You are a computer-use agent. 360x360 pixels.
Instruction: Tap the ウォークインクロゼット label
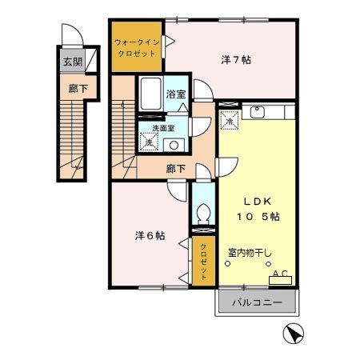(136, 46)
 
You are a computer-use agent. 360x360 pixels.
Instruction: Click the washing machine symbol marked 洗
(149, 142)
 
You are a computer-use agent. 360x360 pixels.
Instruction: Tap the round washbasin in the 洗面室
(174, 145)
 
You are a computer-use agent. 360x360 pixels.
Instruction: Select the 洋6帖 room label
(150, 236)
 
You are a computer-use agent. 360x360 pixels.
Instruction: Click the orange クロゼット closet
(203, 260)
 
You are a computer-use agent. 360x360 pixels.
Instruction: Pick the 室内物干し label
(249, 253)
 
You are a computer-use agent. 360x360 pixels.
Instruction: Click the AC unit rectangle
(281, 278)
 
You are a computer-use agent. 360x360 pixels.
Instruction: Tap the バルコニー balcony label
(255, 303)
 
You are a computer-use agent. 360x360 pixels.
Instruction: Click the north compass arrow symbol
(294, 334)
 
